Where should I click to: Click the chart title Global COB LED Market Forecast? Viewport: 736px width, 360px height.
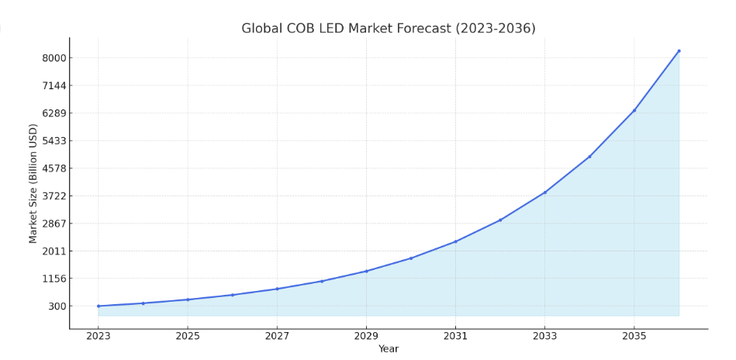388,29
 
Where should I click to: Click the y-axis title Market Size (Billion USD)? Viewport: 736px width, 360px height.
33,183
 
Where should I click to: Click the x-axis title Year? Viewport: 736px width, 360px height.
388,349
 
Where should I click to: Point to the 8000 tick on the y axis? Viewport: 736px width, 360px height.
55,58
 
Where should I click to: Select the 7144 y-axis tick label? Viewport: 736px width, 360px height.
55,85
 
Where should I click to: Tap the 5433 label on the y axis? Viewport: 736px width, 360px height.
55,140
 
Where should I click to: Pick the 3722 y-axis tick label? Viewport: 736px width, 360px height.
55,196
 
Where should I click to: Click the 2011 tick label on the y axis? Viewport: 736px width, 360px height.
55,251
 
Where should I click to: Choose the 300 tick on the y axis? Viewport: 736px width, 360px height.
57,306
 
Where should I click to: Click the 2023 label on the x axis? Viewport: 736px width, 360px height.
98,336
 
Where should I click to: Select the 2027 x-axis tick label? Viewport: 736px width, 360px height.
277,336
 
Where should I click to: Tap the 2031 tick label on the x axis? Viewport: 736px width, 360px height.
455,336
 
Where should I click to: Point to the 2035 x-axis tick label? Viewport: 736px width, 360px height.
634,336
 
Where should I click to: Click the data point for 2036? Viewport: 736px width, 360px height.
679,51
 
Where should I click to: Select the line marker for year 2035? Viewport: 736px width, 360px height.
634,110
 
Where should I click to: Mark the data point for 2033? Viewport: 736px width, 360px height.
544,192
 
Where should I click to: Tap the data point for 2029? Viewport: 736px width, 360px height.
366,271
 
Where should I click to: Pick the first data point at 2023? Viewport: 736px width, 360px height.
98,306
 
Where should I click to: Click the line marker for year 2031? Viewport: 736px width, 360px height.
455,241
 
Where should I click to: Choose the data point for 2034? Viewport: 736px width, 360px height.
589,157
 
